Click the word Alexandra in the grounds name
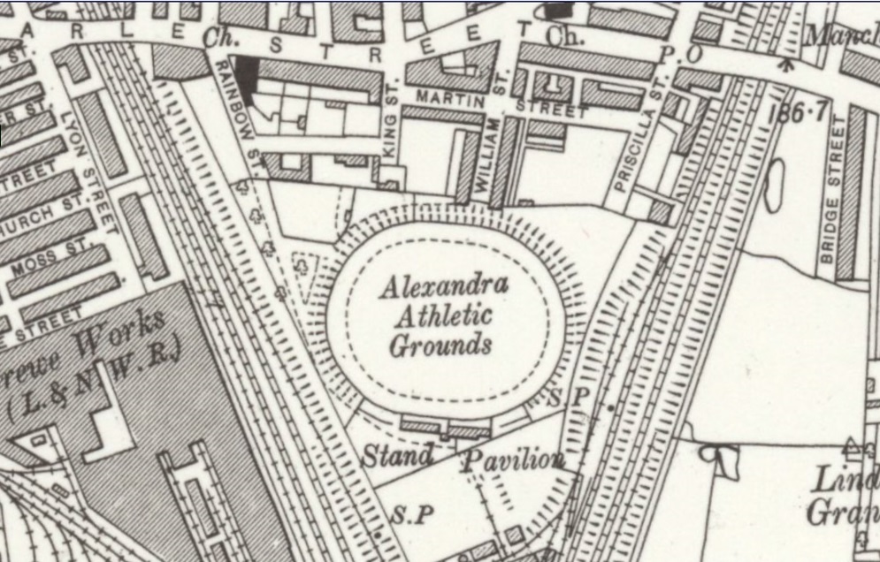click(445, 285)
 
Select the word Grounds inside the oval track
click(440, 344)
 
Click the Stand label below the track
click(398, 456)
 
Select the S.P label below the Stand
click(409, 514)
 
